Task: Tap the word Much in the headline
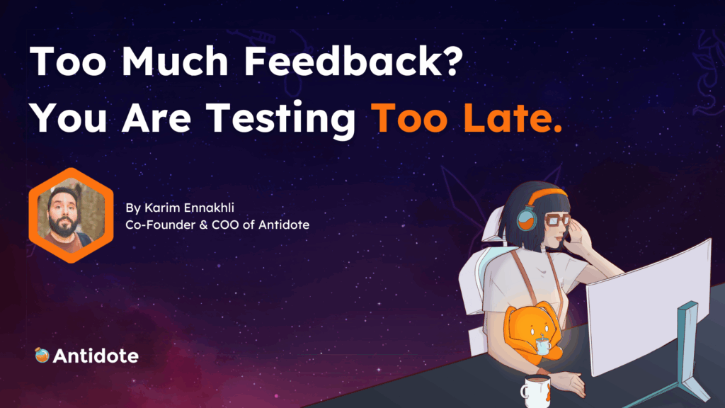click(x=175, y=61)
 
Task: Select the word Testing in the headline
click(x=280, y=119)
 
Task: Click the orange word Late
click(x=513, y=118)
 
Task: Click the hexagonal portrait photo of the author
click(x=72, y=215)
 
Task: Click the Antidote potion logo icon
click(x=42, y=355)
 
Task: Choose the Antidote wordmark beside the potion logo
click(x=96, y=356)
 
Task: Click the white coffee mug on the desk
click(x=537, y=391)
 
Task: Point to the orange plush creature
click(x=532, y=332)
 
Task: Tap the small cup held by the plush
click(x=542, y=346)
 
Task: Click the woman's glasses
click(x=557, y=220)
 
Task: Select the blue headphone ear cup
click(x=527, y=218)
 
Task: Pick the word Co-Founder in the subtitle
click(x=161, y=225)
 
